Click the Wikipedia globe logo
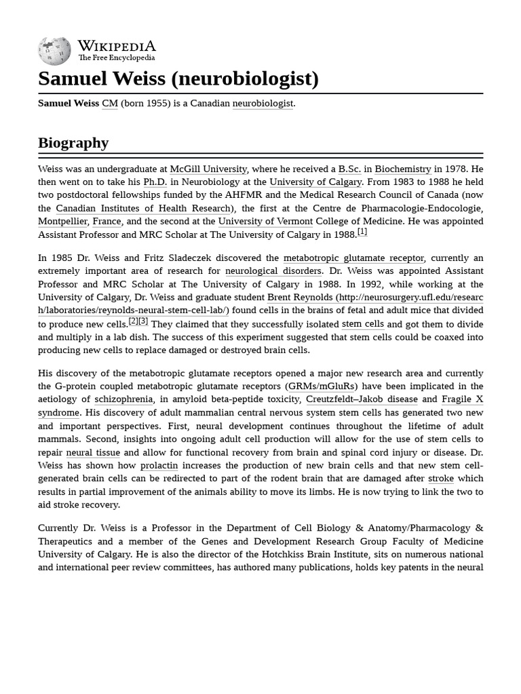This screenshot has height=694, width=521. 54,51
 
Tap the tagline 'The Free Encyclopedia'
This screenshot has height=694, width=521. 116,58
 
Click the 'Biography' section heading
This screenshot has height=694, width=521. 73,142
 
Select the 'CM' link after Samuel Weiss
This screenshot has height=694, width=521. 110,103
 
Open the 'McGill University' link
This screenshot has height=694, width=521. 208,169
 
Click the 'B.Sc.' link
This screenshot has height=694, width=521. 349,169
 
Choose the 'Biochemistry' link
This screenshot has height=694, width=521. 403,169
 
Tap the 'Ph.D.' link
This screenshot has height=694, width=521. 155,182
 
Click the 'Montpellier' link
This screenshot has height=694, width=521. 62,221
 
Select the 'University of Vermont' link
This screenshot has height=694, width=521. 265,221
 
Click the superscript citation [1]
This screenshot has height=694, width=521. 362,232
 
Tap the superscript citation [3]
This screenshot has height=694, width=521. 143,321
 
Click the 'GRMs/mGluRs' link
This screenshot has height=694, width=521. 321,386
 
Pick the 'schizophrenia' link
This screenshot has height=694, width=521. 123,399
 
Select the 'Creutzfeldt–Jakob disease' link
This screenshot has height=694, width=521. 362,399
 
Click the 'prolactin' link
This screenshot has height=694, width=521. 159,466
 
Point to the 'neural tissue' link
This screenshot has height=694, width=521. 93,452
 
